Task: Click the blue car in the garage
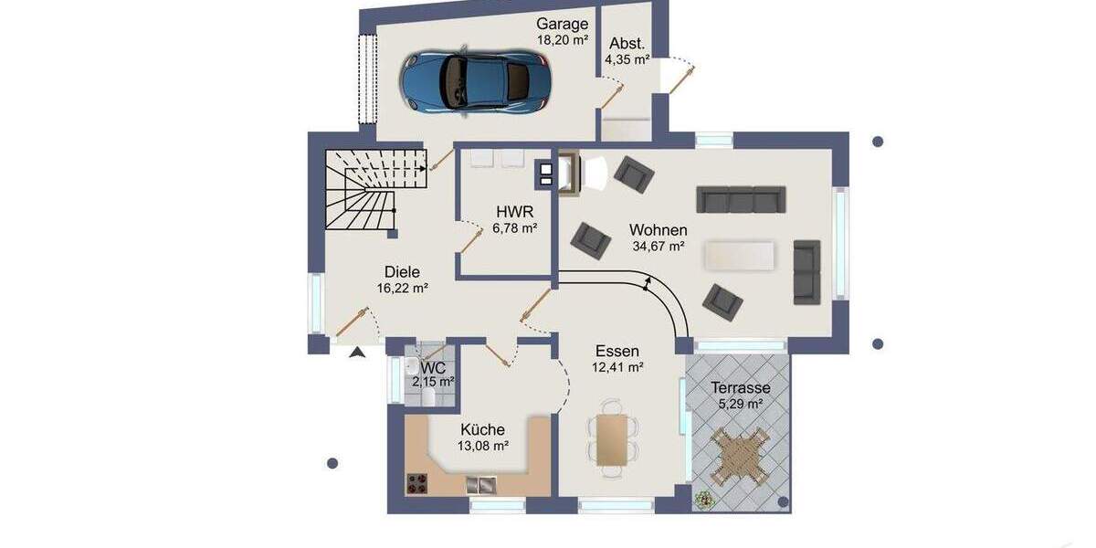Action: pos(476,80)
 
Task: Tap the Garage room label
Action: pos(562,24)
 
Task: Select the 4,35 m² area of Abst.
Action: pos(627,60)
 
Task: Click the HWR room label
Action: pos(510,211)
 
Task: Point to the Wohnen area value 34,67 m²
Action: pos(659,247)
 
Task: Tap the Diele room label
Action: pos(402,270)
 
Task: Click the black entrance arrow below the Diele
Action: pos(357,351)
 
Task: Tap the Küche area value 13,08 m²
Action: pos(482,446)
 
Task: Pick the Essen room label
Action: pos(617,351)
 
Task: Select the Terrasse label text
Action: pos(741,387)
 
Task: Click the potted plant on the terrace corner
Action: pos(704,500)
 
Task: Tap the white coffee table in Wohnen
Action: pos(739,255)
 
